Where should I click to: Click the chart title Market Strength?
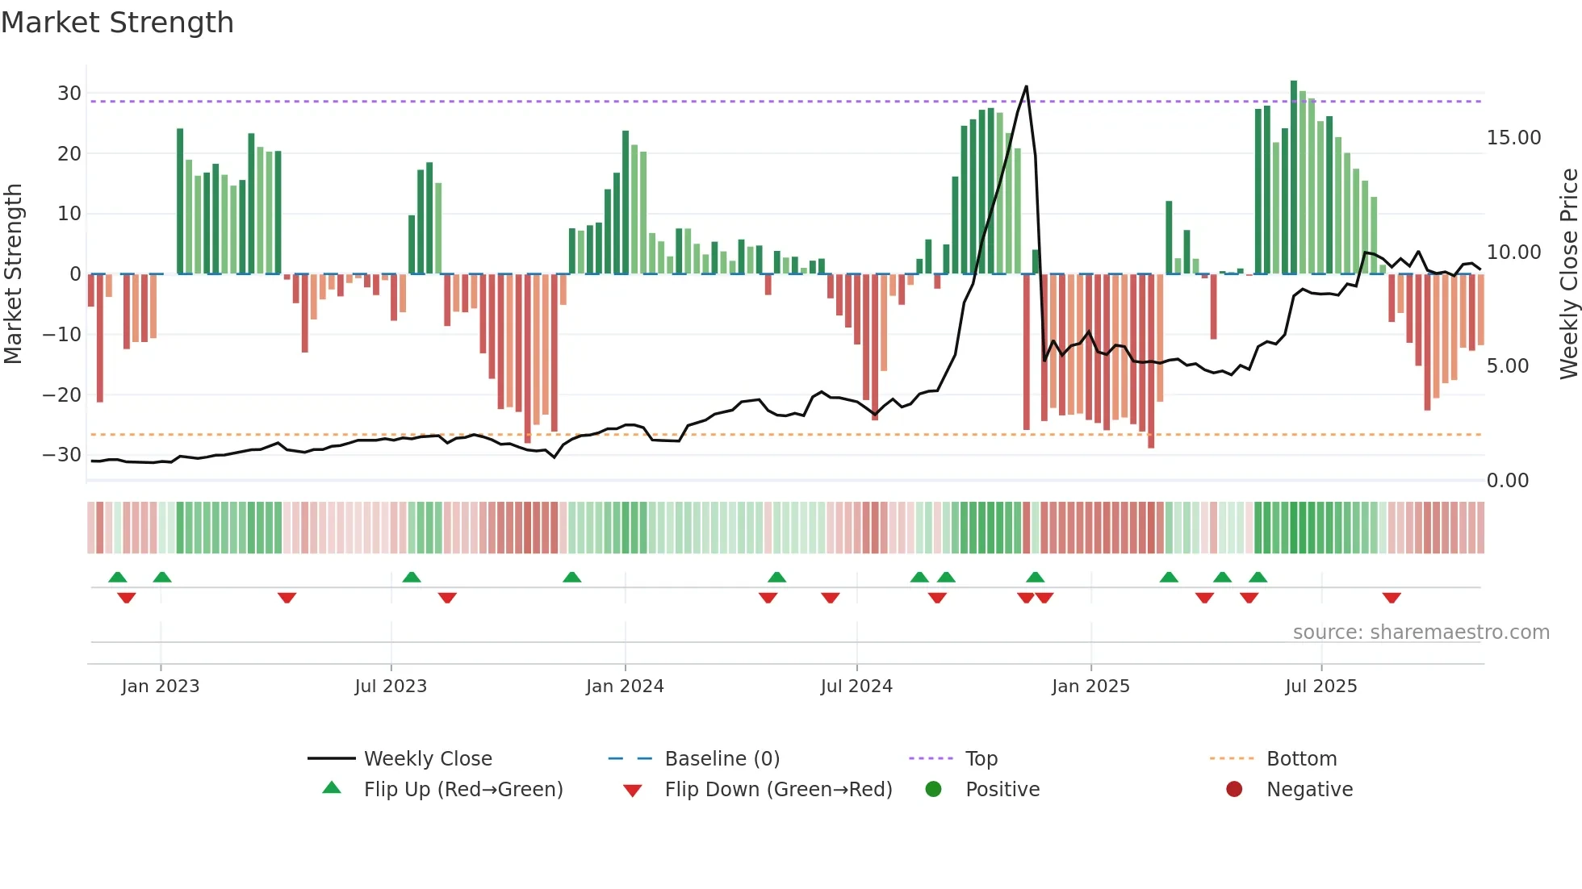click(x=117, y=23)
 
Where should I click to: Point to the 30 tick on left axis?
click(x=69, y=94)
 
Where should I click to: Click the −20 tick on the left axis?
click(x=62, y=395)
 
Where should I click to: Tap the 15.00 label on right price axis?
click(x=1513, y=138)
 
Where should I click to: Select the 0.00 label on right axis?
click(x=1507, y=481)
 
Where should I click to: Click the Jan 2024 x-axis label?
click(x=625, y=687)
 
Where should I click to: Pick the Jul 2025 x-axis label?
click(x=1320, y=687)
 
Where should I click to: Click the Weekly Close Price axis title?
click(x=1568, y=274)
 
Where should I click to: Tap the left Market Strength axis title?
click(x=13, y=274)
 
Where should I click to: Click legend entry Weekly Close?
click(x=427, y=759)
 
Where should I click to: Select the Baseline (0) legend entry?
click(x=722, y=759)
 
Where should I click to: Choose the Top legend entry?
click(x=981, y=759)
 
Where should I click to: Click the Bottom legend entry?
click(x=1301, y=759)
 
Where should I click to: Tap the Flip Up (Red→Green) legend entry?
click(x=462, y=790)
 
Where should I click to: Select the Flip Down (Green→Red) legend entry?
click(x=778, y=790)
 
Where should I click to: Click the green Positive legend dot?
click(x=933, y=790)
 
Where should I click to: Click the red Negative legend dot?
click(x=1233, y=790)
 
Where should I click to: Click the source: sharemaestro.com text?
click(x=1421, y=632)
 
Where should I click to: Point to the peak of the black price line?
click(x=1026, y=86)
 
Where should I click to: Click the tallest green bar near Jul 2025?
click(x=1293, y=177)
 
